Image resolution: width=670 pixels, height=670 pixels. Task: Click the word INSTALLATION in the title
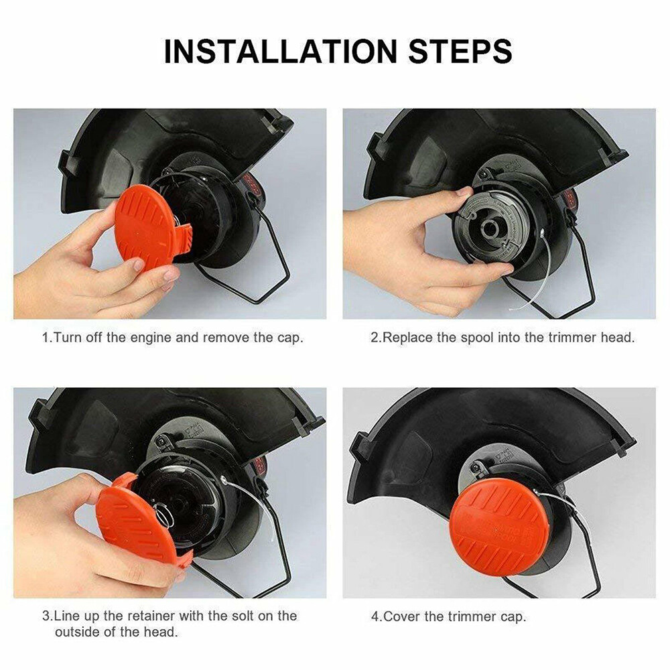281,52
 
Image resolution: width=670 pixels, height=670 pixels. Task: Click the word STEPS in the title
460,52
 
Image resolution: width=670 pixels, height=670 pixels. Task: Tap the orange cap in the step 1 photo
147,226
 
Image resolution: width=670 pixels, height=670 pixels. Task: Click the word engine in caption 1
151,338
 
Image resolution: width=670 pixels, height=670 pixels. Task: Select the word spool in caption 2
476,338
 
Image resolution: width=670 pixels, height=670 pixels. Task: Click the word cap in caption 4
511,618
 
